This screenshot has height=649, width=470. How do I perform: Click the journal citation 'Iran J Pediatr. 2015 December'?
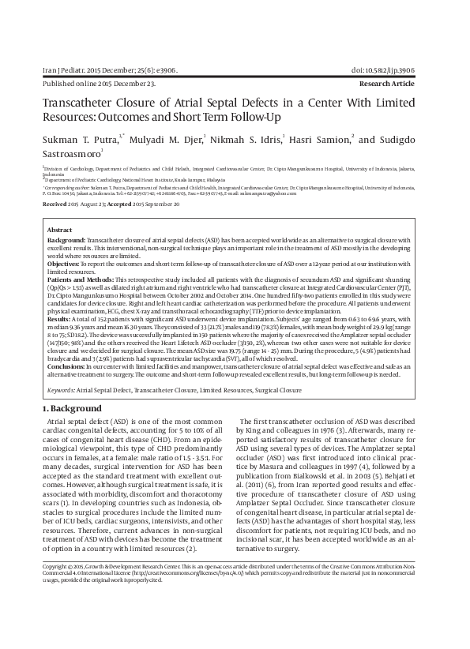coord(93,70)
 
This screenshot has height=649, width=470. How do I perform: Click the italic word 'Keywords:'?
coord(65,390)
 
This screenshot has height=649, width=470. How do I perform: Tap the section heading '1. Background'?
coord(72,409)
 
